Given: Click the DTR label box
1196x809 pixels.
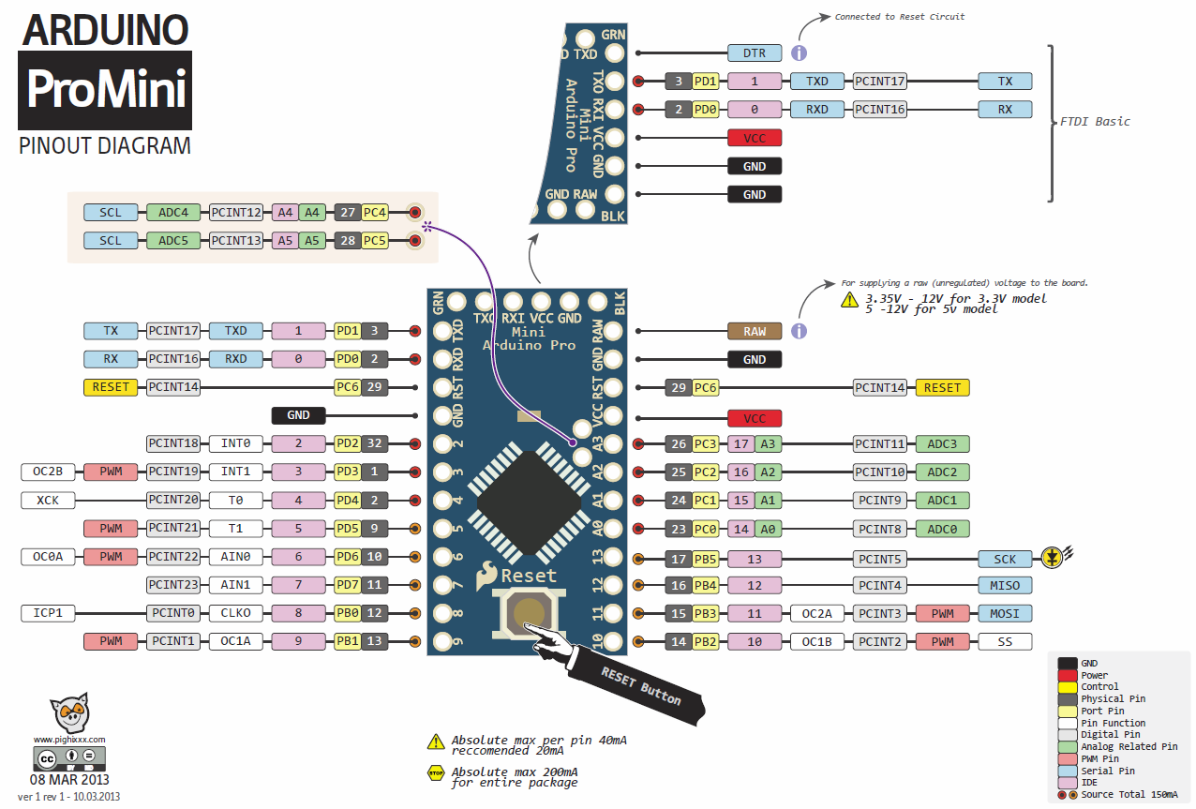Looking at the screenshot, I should pyautogui.click(x=755, y=53).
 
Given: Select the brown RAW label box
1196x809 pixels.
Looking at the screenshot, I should pyautogui.click(x=755, y=331).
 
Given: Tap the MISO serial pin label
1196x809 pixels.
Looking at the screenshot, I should pyautogui.click(x=1005, y=586).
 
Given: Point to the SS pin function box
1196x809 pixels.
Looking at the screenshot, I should pyautogui.click(x=1005, y=642).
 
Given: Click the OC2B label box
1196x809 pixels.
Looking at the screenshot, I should pyautogui.click(x=48, y=472).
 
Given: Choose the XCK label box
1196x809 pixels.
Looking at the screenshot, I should pyautogui.click(x=48, y=500).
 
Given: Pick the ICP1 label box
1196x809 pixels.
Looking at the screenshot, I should pyautogui.click(x=48, y=614).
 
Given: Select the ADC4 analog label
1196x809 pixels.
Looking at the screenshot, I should pyautogui.click(x=173, y=213).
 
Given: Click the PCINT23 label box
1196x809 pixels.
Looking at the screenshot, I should pyautogui.click(x=173, y=586).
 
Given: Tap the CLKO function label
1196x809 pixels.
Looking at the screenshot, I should pyautogui.click(x=235, y=614).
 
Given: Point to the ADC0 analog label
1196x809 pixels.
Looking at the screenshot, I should pyautogui.click(x=942, y=529).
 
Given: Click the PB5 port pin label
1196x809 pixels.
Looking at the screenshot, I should pyautogui.click(x=705, y=559).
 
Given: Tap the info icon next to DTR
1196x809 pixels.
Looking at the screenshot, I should pyautogui.click(x=800, y=53).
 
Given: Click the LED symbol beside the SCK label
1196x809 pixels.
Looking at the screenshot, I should pyautogui.click(x=1054, y=559).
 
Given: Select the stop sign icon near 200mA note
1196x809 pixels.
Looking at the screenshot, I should pyautogui.click(x=436, y=774).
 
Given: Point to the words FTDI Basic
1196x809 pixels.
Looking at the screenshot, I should pyautogui.click(x=1095, y=122).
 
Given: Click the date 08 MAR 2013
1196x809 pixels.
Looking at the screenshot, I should pyautogui.click(x=69, y=780).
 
